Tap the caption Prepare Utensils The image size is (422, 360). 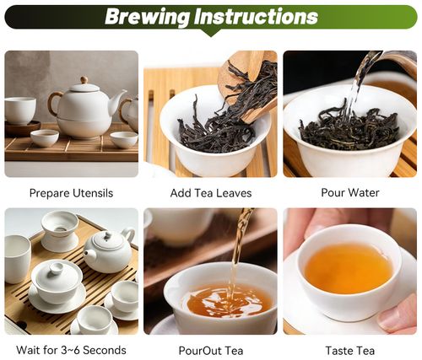[x=71, y=193]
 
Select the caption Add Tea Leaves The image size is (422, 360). [x=211, y=193]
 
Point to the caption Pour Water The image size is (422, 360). [x=350, y=193]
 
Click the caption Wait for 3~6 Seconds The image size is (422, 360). [x=71, y=350]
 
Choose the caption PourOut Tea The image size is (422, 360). [x=211, y=350]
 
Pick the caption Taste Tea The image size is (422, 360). [x=350, y=350]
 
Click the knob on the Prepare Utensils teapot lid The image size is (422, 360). [x=83, y=80]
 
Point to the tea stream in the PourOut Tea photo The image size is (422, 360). [x=237, y=253]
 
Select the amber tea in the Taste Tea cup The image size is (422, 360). [x=349, y=268]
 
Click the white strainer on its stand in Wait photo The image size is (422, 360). [x=59, y=229]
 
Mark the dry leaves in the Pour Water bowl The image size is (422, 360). [x=350, y=131]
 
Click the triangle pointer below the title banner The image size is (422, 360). [x=210, y=34]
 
